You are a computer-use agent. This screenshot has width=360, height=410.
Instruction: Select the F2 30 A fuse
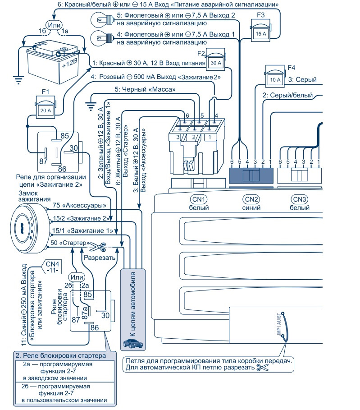[x=215, y=62]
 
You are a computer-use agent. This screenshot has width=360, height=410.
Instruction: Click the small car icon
[x=133, y=344]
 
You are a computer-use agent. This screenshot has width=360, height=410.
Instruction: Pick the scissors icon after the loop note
[x=261, y=368]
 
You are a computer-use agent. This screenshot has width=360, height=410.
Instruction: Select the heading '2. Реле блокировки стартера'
[x=61, y=355]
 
